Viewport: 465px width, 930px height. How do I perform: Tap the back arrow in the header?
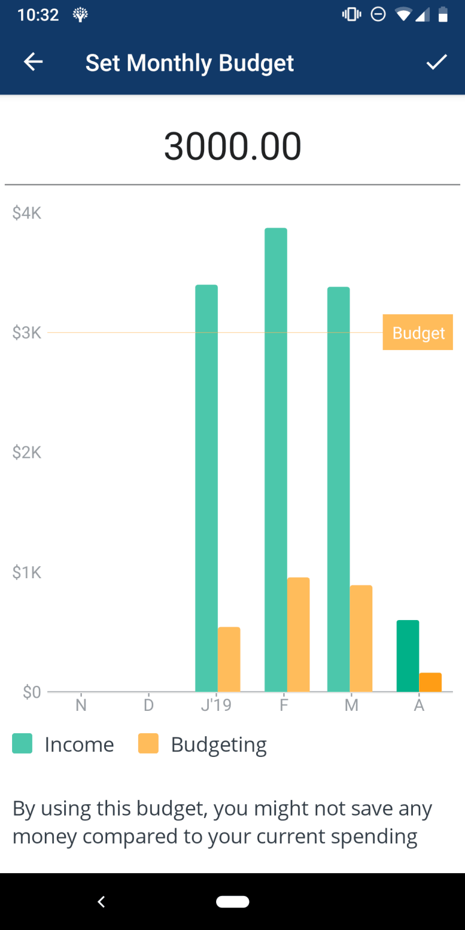click(33, 62)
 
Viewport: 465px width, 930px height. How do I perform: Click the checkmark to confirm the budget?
click(436, 62)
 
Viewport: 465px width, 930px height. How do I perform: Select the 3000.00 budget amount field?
click(232, 147)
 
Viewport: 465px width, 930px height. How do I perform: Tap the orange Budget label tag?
click(418, 332)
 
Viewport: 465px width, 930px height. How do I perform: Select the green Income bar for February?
click(275, 460)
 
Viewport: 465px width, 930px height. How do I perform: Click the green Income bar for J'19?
click(206, 488)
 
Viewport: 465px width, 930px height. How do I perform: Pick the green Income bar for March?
click(338, 489)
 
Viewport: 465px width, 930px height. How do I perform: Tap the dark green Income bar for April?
click(407, 656)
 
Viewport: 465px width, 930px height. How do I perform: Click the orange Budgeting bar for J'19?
click(229, 659)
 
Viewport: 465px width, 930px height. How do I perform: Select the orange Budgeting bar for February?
click(298, 635)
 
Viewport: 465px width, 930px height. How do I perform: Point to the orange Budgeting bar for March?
click(361, 638)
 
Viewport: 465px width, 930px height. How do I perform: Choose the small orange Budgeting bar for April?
click(430, 682)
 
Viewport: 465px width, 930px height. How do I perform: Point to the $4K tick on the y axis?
click(27, 213)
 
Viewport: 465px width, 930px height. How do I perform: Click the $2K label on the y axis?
click(27, 452)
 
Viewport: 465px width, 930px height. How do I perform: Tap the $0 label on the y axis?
click(31, 692)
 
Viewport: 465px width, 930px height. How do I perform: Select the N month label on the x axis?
click(81, 705)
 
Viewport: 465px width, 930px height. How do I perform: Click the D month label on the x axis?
click(149, 705)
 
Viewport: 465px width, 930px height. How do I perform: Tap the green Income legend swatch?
click(22, 744)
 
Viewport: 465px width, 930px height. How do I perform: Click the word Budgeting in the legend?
click(219, 745)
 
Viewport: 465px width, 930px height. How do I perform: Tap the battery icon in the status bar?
click(443, 15)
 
